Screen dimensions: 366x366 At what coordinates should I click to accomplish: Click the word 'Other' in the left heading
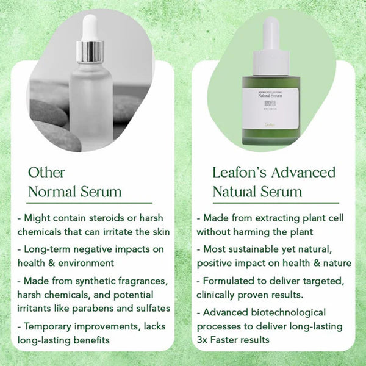(46, 172)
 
